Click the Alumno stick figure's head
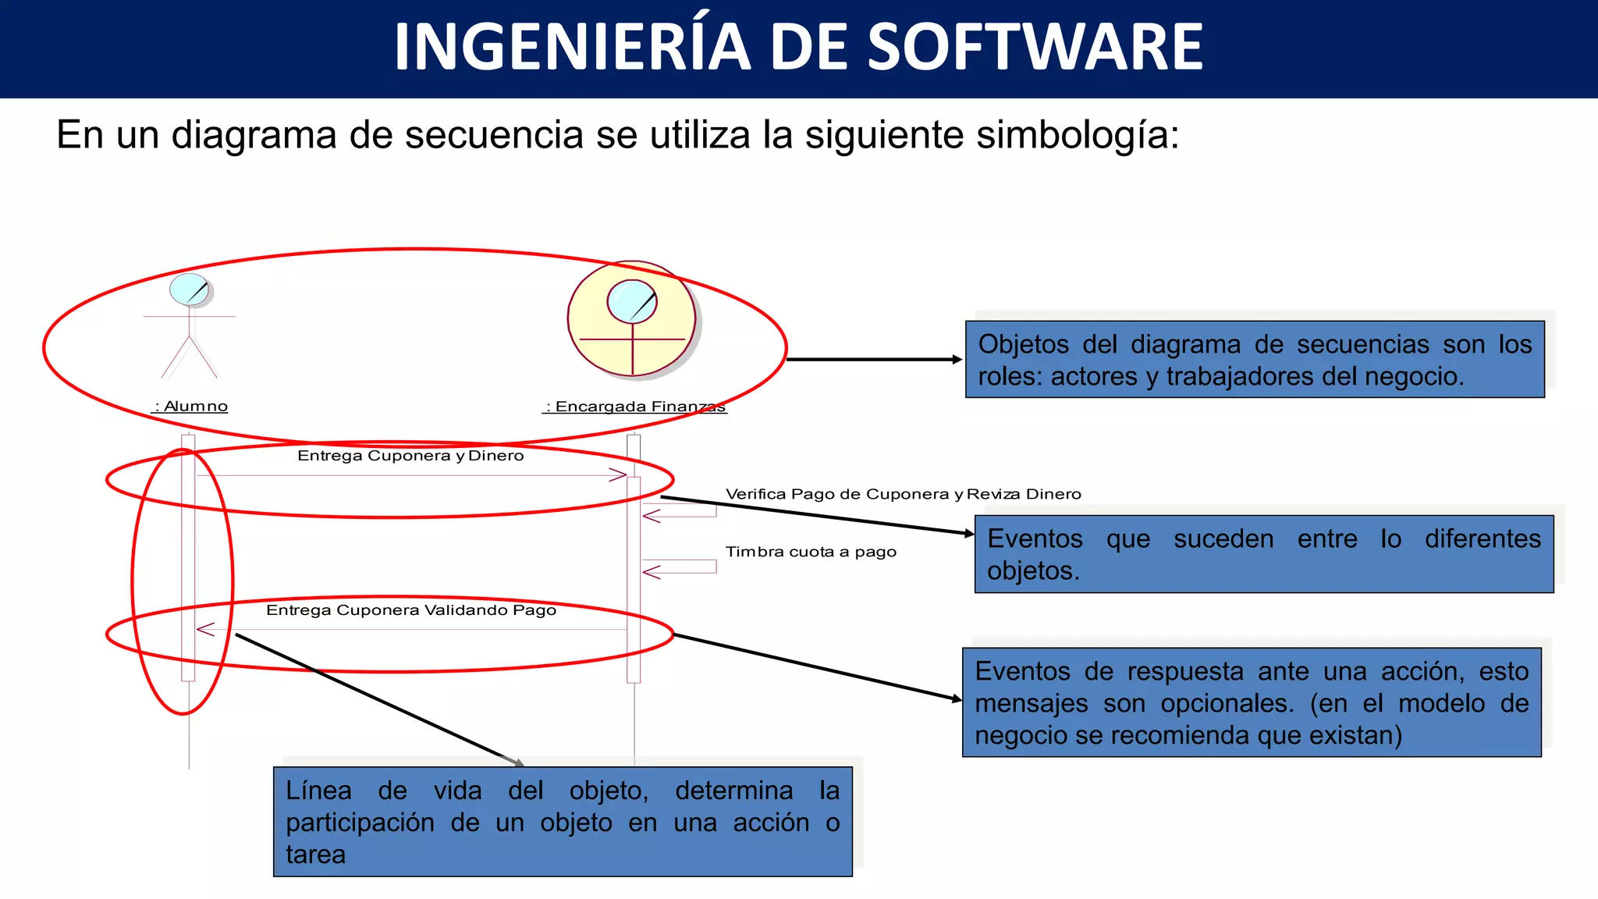click(190, 290)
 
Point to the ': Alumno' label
click(190, 407)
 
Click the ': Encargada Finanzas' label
click(635, 407)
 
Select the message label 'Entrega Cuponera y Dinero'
click(410, 456)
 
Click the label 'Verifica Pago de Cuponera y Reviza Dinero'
click(903, 494)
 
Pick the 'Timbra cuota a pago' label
click(811, 552)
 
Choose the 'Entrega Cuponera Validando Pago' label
click(411, 610)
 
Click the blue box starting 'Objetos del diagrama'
click(1255, 360)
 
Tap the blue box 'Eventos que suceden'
click(1264, 554)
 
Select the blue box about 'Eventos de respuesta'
click(1252, 702)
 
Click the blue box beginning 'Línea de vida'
click(563, 822)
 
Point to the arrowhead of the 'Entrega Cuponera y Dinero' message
click(618, 474)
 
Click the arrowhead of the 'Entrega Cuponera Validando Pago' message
click(205, 629)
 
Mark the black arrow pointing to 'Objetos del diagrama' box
click(874, 360)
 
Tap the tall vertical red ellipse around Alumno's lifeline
click(133, 581)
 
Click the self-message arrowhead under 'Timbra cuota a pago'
click(651, 572)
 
